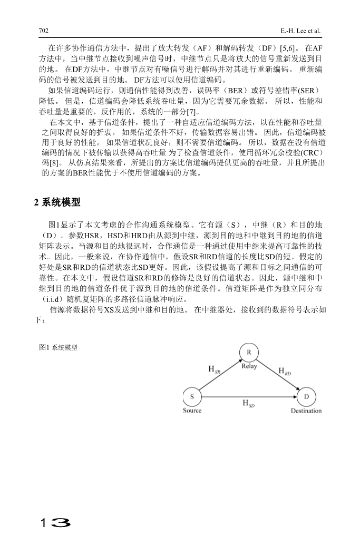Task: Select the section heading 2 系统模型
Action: coord(57,202)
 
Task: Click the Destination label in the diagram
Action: coord(306,411)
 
